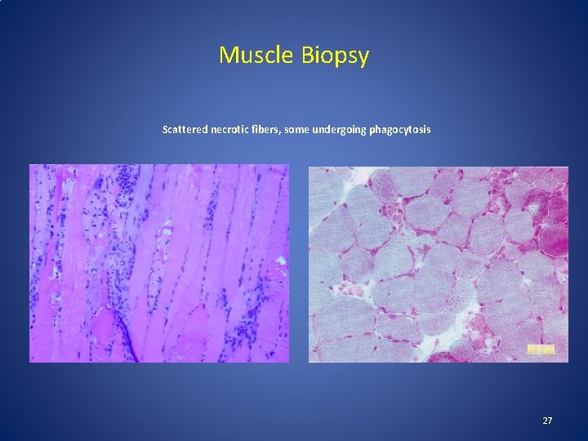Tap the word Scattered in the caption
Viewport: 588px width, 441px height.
[x=184, y=130]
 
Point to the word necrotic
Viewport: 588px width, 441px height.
[x=228, y=130]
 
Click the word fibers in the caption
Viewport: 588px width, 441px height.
[x=265, y=130]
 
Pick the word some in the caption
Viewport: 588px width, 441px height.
[x=296, y=130]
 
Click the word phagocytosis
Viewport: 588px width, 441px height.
[x=402, y=131]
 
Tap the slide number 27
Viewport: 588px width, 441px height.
[x=547, y=421]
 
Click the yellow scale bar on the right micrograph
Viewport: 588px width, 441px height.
[x=541, y=350]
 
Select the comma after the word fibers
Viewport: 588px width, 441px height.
[x=279, y=133]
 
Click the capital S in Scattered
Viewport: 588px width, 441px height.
[x=166, y=130]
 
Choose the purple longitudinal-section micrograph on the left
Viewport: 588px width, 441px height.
[x=159, y=263]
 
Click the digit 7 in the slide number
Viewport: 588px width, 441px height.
[x=550, y=421]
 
